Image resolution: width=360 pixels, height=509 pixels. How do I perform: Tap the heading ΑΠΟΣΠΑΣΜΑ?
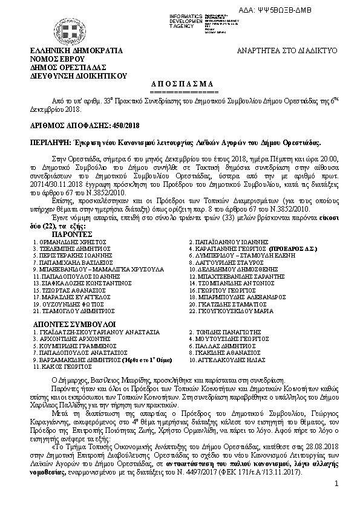(x=180, y=83)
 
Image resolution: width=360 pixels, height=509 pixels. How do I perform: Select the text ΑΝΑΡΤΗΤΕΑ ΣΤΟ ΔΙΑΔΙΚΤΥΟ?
(x=286, y=52)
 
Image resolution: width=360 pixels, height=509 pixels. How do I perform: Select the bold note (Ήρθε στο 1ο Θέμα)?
(x=142, y=360)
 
